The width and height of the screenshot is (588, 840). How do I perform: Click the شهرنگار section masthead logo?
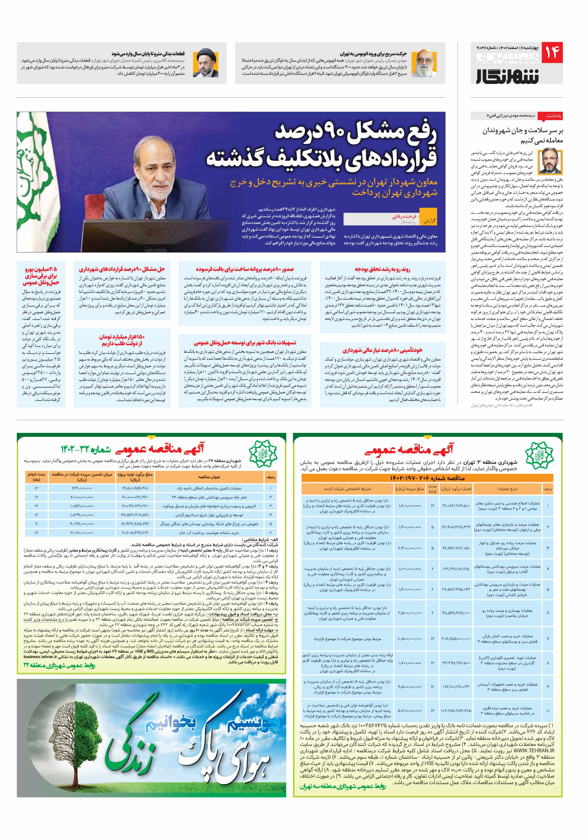click(x=508, y=75)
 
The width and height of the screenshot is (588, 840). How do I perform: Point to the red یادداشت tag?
click(x=554, y=116)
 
